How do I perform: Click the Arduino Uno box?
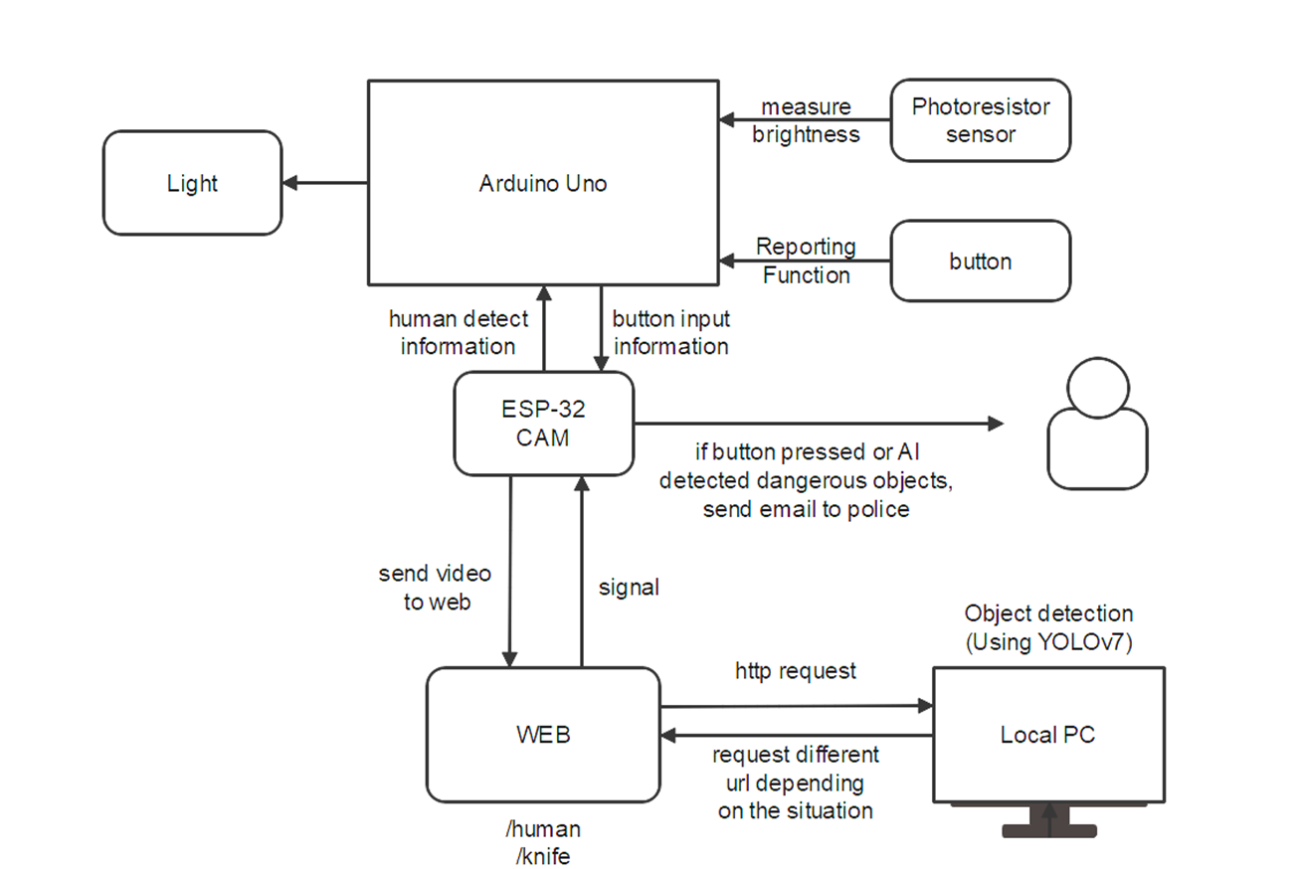543,183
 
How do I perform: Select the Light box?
192,183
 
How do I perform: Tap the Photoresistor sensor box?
980,120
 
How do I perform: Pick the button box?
980,261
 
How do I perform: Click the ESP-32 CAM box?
543,424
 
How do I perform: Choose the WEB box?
543,735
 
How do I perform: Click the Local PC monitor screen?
1047,735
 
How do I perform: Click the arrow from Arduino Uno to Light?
325,183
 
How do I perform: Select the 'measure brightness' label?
806,120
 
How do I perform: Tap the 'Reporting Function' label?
806,261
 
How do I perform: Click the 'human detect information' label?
458,333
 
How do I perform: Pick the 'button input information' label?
670,333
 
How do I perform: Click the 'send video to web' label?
435,588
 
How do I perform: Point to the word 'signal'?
629,588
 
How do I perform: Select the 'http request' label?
796,671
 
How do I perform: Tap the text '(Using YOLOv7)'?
1048,642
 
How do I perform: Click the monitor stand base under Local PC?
1048,830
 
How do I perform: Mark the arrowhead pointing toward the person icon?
997,424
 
